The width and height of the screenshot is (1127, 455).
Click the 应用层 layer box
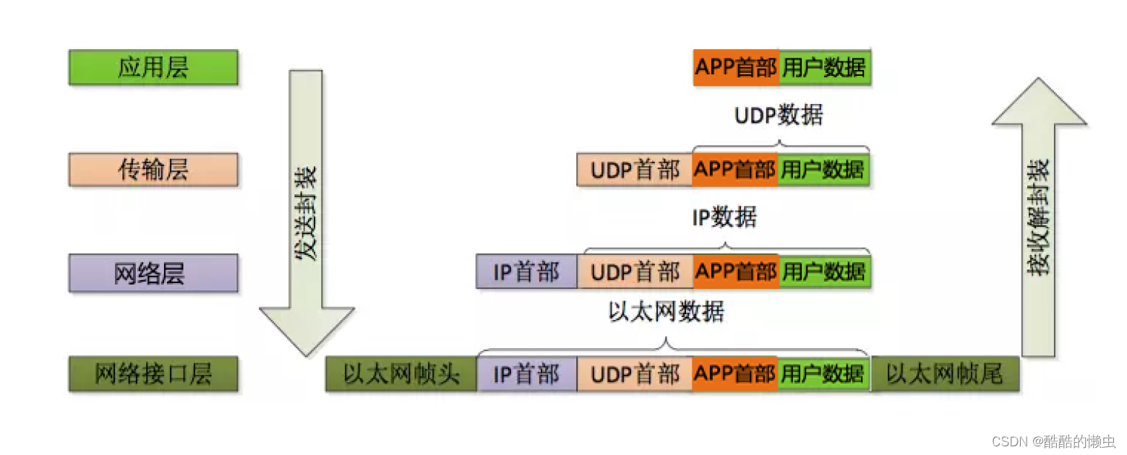[x=153, y=68]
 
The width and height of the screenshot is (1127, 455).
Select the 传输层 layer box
[x=153, y=170]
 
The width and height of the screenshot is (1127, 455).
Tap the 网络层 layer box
[x=153, y=273]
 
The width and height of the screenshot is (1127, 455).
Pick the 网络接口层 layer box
[x=153, y=374]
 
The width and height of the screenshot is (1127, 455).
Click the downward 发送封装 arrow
[x=306, y=209]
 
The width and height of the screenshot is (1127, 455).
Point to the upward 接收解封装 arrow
[x=1039, y=217]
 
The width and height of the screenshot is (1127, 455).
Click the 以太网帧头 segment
[x=400, y=374]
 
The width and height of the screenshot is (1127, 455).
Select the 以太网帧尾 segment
[x=944, y=374]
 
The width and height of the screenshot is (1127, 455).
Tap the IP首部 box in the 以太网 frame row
[x=526, y=374]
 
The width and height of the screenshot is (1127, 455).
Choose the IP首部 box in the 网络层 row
[x=526, y=272]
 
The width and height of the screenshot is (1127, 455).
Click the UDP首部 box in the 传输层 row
[x=634, y=170]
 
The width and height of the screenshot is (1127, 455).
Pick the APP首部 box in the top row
[x=736, y=68]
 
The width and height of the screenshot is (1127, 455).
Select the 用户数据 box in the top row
[x=824, y=68]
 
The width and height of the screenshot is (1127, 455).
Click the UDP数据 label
[x=778, y=116]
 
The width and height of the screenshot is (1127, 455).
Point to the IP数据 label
[x=724, y=217]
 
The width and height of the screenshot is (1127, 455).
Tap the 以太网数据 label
[x=666, y=312]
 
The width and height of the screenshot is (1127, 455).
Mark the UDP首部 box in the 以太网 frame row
[x=634, y=374]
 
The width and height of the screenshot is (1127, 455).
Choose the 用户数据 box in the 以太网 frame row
[x=824, y=374]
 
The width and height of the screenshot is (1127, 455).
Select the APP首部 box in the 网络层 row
[x=736, y=272]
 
